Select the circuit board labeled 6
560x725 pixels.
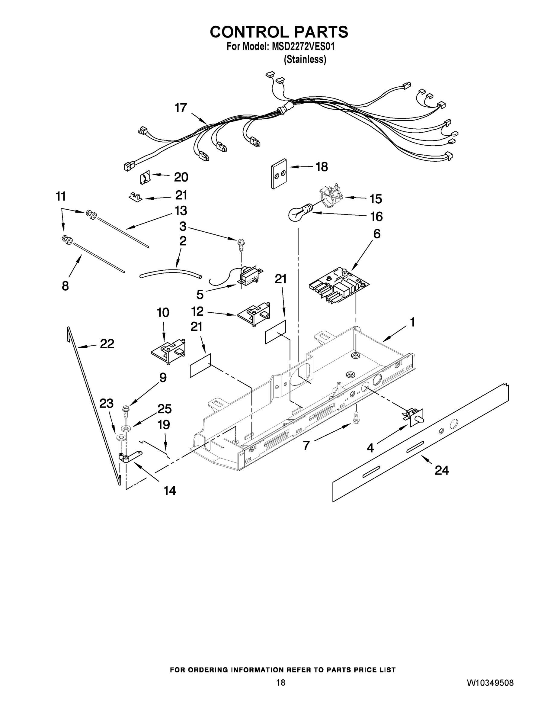(x=339, y=285)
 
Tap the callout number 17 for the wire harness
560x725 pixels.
(x=181, y=108)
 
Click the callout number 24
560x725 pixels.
(x=442, y=470)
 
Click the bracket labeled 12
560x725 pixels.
(x=254, y=314)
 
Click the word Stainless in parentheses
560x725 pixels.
(x=305, y=60)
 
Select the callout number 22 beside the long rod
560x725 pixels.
(x=107, y=344)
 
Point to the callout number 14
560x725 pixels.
(x=170, y=490)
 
